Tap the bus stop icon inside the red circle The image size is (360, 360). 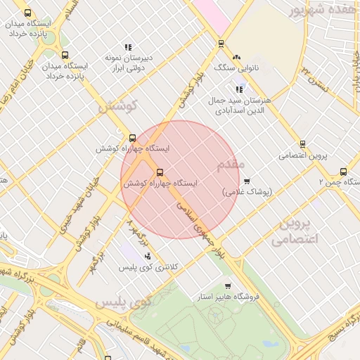pyautogui.click(x=159, y=172)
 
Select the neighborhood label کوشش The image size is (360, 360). pyautogui.click(x=116, y=107)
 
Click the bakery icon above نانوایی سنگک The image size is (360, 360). pyautogui.click(x=236, y=57)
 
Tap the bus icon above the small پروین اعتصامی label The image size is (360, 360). pyautogui.click(x=302, y=144)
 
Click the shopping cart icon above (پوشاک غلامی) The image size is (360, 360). pyautogui.click(x=246, y=181)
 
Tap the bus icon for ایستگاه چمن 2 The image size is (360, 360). pyautogui.click(x=343, y=171)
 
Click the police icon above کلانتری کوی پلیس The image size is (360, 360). pyautogui.click(x=147, y=256)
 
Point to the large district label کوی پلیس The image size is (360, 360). pyautogui.click(x=123, y=302)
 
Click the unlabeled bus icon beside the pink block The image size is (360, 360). pyautogui.click(x=221, y=44)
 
